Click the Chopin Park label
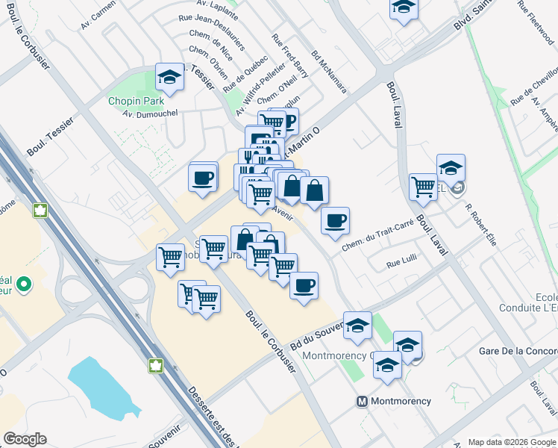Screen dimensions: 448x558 135,101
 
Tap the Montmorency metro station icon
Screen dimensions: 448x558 362,401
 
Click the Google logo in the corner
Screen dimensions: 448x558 25,439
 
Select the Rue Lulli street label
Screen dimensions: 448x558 401,264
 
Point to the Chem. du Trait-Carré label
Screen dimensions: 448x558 377,238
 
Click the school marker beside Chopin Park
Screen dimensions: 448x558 170,78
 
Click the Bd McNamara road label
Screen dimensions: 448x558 330,72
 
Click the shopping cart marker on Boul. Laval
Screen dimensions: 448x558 423,186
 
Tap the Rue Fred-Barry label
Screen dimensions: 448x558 290,56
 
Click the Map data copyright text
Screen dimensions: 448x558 511,441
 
